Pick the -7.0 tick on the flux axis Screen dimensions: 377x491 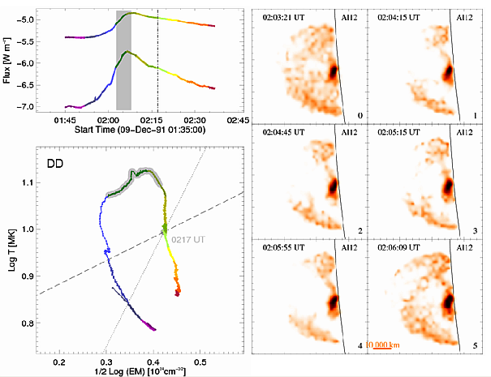50,106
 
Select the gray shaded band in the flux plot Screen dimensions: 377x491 123,60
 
